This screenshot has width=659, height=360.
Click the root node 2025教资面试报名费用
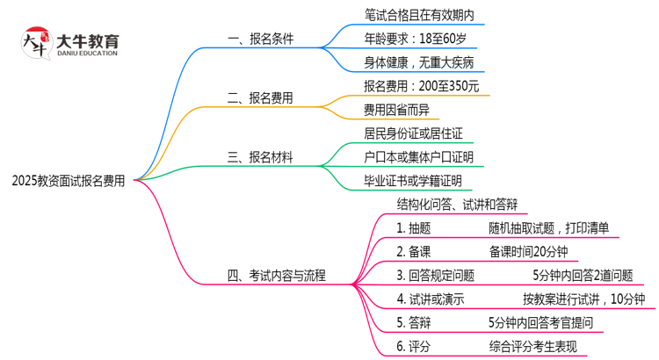[x=69, y=182]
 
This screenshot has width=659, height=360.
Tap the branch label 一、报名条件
[x=260, y=39]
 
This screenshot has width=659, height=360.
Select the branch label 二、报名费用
[x=260, y=98]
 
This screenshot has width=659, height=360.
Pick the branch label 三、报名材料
[x=260, y=158]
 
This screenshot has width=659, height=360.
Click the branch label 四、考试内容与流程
[x=277, y=276]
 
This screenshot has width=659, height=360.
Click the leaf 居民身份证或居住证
[x=412, y=133]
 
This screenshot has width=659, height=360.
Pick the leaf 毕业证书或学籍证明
[x=412, y=181]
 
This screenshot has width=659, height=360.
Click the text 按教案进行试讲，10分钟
[x=583, y=299]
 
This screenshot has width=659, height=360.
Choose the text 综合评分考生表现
[x=540, y=347]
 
